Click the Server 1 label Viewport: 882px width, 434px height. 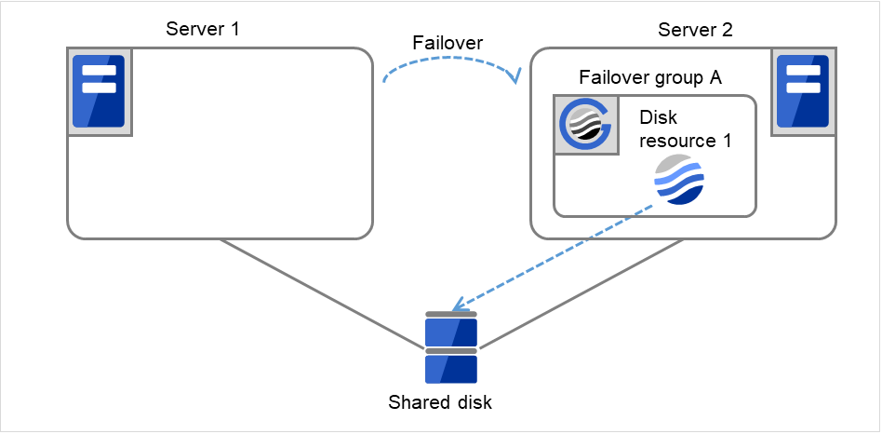tap(203, 28)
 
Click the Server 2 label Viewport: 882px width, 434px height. tap(695, 29)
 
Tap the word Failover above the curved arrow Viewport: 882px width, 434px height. tap(448, 43)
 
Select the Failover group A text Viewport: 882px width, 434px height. tap(650, 77)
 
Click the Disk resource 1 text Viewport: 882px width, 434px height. tap(686, 131)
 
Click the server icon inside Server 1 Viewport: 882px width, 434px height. tap(100, 91)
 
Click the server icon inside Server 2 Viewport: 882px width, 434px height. tap(800, 91)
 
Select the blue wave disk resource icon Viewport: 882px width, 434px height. tap(679, 180)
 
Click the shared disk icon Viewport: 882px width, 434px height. tap(451, 348)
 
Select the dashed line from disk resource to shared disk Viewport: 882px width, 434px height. tap(558, 257)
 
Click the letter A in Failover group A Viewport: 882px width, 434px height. tap(715, 77)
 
